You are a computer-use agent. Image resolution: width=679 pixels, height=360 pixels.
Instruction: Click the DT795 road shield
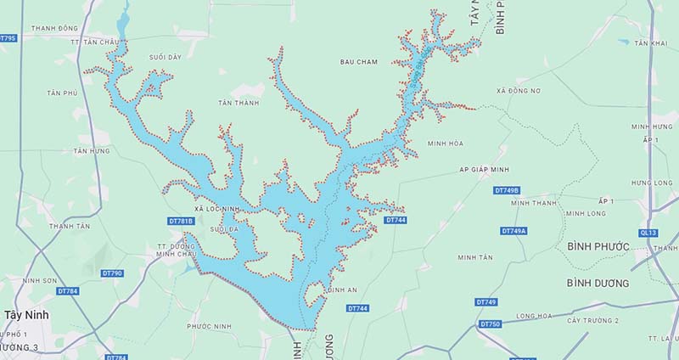click(8, 38)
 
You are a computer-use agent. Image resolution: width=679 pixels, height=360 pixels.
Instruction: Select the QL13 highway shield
click(648, 231)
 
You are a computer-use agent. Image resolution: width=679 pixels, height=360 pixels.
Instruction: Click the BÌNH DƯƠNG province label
click(598, 283)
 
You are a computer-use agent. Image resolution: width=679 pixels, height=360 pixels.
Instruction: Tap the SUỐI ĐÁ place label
click(225, 229)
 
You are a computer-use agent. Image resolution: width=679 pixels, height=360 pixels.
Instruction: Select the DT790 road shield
click(112, 273)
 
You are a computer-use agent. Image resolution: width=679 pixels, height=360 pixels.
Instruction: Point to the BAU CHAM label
click(358, 62)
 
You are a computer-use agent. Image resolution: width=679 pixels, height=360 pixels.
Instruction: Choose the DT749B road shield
click(506, 190)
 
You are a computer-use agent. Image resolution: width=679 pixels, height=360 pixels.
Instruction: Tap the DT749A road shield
click(514, 231)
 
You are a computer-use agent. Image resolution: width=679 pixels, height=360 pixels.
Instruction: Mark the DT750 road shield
click(491, 323)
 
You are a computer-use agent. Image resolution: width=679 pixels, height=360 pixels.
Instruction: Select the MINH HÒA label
click(446, 143)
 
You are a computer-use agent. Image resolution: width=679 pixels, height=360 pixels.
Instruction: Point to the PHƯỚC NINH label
click(210, 326)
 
